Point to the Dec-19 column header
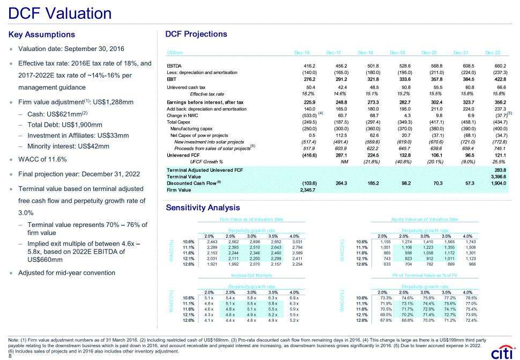(x=397, y=53)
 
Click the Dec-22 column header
(x=492, y=53)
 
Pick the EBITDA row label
(x=175, y=65)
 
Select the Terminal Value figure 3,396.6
(x=498, y=176)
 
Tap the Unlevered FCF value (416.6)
(x=307, y=155)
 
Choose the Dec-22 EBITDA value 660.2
(x=498, y=65)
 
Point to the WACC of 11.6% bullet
(x=42, y=159)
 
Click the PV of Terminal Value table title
(x=424, y=274)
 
